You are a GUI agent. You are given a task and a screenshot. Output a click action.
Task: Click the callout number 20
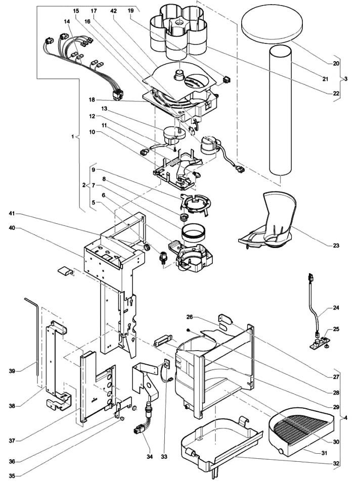pos(327,64)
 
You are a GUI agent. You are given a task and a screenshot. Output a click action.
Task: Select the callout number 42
pos(114,11)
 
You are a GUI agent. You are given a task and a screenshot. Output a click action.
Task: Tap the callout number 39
pos(12,371)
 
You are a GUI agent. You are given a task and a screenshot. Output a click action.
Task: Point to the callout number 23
pos(336,246)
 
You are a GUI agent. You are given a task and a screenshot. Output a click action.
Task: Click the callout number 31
pos(324,453)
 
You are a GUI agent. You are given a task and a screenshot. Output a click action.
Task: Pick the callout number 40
pos(12,228)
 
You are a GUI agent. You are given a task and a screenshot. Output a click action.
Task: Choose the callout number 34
pos(150,457)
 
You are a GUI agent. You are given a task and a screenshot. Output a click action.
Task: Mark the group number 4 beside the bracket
pos(346,418)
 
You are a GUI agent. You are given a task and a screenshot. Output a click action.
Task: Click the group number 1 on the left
pos(73,136)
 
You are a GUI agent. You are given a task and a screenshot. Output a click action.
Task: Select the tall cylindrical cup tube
pos(280,110)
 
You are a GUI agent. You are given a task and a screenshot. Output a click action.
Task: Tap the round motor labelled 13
pos(173,135)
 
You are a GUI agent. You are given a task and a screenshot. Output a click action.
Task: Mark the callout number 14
pos(67,22)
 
